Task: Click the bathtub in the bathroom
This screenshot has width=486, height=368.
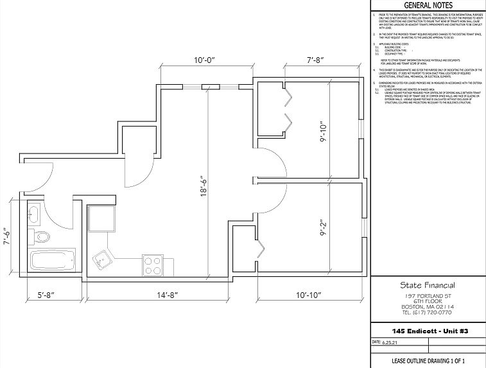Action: (53, 261)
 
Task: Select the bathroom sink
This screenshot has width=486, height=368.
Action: (35, 214)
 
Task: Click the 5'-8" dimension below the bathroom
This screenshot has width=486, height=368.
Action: (49, 295)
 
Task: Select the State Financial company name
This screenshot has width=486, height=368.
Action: (428, 285)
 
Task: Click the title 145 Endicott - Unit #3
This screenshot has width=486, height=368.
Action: (428, 331)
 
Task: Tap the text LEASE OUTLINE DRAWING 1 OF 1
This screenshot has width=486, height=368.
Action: (428, 361)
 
